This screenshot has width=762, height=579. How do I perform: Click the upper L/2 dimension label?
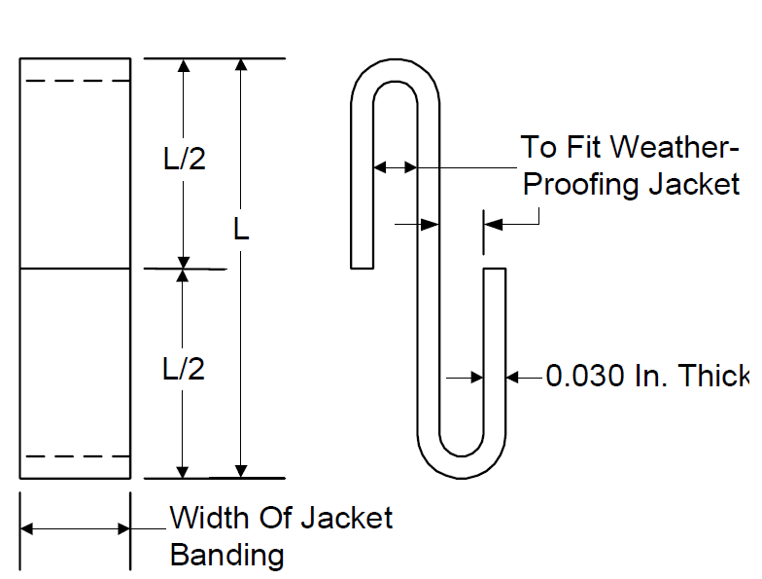tap(185, 159)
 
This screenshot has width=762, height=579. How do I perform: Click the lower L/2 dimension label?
tap(184, 369)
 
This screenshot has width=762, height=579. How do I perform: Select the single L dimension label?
tap(241, 229)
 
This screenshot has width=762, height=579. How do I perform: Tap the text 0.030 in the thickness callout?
tap(585, 376)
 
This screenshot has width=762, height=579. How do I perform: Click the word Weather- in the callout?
tap(675, 146)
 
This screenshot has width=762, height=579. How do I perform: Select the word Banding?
tap(227, 555)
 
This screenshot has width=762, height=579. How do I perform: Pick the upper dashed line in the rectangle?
tap(78, 81)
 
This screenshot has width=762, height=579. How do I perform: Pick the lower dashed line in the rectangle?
tap(78, 456)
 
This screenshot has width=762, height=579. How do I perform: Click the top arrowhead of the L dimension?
tap(241, 64)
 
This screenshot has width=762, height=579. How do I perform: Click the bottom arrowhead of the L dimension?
tap(241, 471)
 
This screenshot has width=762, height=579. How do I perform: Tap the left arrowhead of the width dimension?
tap(27, 528)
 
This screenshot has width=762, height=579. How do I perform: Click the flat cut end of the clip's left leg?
tap(362, 268)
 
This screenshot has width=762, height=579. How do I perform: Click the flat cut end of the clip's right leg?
tap(495, 269)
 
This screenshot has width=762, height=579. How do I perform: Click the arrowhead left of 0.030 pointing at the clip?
tap(512, 378)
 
